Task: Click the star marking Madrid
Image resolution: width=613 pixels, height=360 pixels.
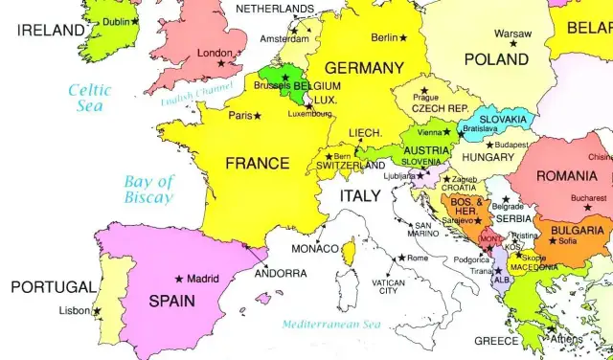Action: point(179,279)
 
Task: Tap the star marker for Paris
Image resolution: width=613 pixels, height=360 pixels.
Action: point(258,116)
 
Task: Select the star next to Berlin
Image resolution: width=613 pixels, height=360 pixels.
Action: point(402,37)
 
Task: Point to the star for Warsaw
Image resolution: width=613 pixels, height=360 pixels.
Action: point(513,43)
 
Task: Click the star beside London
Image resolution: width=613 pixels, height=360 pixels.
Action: point(221,63)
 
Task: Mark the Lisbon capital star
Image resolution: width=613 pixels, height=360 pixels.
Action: point(97,310)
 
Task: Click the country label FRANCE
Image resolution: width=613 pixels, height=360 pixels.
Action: point(257,164)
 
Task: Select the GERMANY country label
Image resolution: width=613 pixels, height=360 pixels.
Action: point(364,68)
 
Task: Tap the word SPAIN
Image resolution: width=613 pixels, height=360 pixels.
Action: point(171,301)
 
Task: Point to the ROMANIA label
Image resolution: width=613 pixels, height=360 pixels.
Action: point(566,175)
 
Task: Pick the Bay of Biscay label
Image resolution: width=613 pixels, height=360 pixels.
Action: point(148,190)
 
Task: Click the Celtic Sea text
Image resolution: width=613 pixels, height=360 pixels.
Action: point(89,98)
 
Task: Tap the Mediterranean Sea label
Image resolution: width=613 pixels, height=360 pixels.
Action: point(332,324)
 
